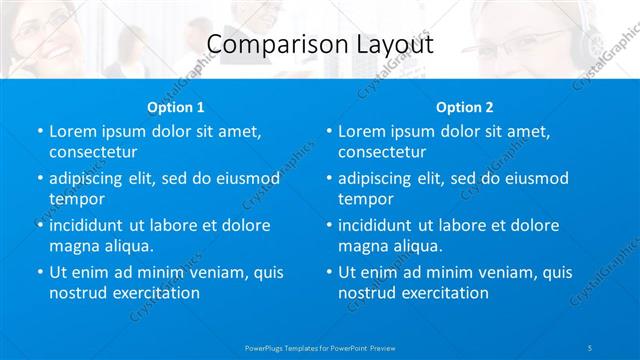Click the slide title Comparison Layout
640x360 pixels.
(320, 45)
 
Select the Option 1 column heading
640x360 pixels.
(176, 107)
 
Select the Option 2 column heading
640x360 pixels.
(465, 107)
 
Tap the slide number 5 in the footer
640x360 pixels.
(591, 347)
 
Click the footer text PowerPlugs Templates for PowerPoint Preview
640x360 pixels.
(320, 347)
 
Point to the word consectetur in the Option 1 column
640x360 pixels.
(93, 152)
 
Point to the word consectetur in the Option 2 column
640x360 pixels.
(382, 152)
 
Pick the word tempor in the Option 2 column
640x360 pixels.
(363, 198)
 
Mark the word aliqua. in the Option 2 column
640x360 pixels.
(419, 246)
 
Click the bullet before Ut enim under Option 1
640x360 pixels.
(39, 272)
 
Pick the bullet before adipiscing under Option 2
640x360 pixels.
(328, 178)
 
